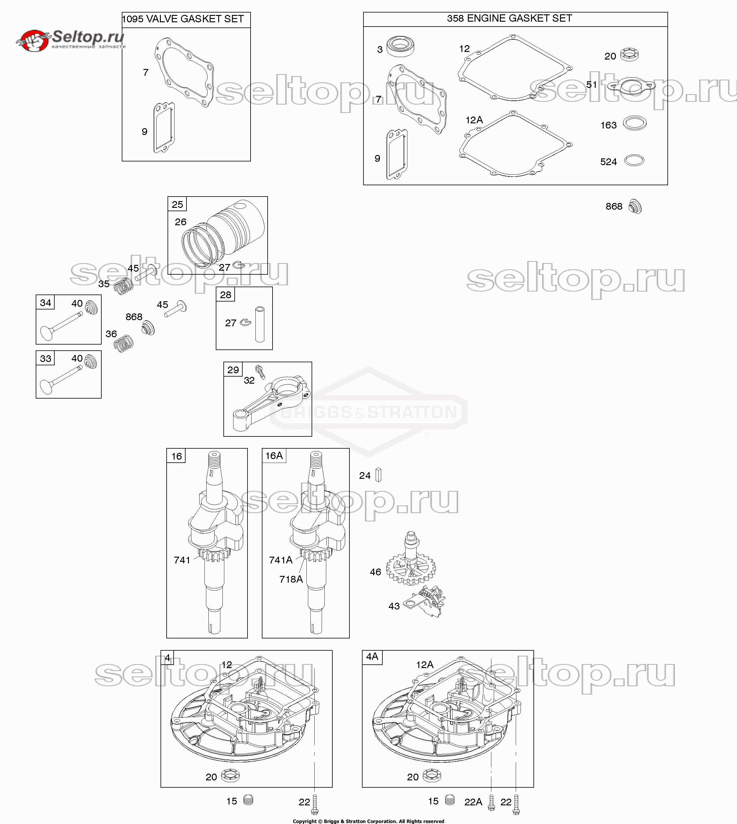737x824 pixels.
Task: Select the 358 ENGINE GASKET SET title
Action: tap(509, 18)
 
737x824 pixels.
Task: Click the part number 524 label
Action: tap(608, 162)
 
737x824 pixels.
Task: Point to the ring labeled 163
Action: tap(634, 123)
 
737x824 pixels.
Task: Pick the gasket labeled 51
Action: tap(631, 85)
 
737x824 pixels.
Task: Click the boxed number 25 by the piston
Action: tap(177, 204)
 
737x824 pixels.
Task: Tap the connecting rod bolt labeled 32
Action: tap(260, 372)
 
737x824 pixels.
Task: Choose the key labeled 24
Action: tap(379, 475)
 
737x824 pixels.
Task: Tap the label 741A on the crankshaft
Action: tap(281, 560)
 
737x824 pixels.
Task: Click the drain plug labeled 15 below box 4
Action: tap(249, 800)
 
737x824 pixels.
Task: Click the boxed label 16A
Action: tap(274, 456)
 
